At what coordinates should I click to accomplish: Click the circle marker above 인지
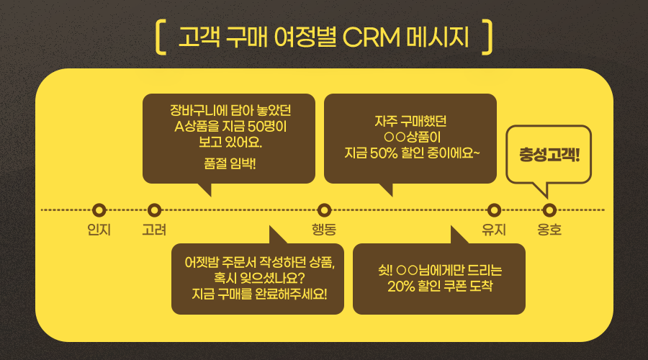tap(99, 210)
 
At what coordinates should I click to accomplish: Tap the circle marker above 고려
tap(153, 210)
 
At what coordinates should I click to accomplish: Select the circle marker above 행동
tap(325, 210)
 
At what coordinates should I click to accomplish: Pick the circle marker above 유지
tap(494, 210)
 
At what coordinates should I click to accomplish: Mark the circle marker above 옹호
tap(549, 210)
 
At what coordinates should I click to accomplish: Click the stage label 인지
tap(99, 230)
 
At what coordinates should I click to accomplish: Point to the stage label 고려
tap(154, 230)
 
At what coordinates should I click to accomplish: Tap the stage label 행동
tap(324, 230)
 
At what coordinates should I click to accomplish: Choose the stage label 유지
tap(494, 230)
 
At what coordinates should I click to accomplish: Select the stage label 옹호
tap(549, 230)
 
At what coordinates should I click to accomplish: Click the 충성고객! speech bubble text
tap(549, 155)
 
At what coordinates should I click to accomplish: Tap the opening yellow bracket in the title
tap(161, 37)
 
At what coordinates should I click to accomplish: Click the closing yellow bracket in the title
tap(487, 37)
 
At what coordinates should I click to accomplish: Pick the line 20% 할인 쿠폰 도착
tap(439, 287)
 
